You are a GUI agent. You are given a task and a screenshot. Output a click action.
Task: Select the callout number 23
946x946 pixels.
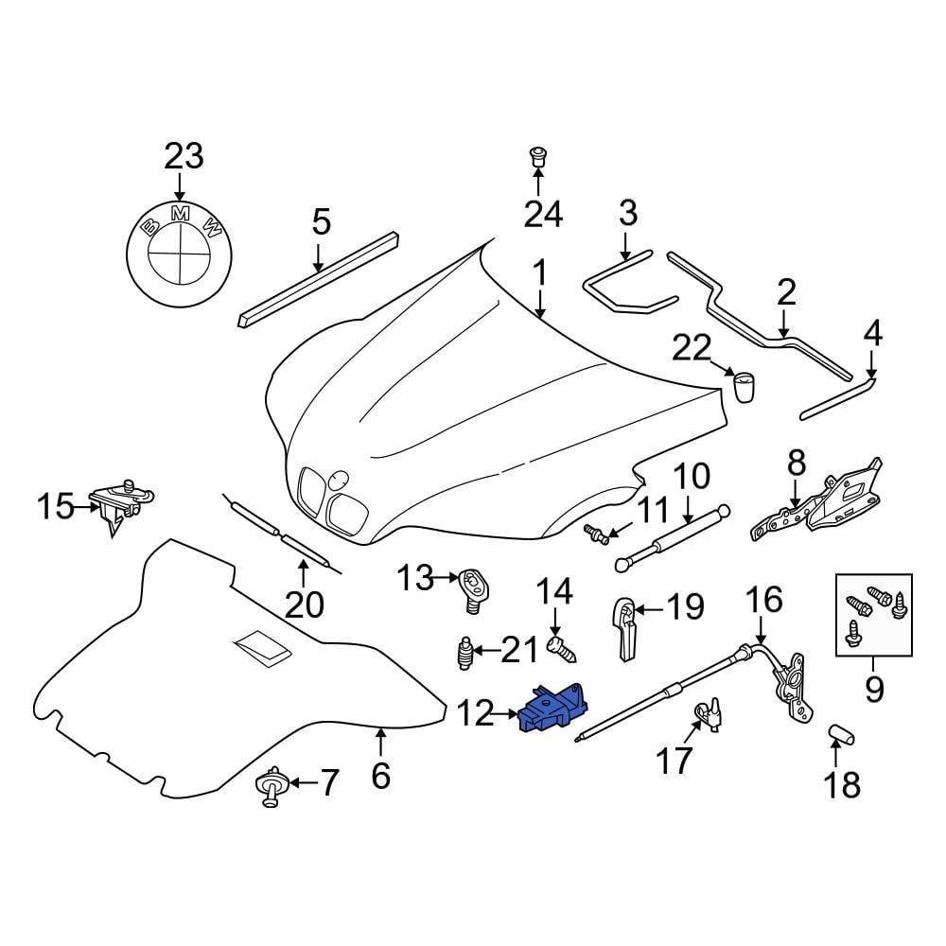click(x=184, y=156)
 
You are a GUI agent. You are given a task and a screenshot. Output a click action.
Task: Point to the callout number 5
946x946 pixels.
click(x=321, y=223)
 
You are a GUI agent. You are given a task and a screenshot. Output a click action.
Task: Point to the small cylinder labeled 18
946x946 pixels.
click(x=838, y=732)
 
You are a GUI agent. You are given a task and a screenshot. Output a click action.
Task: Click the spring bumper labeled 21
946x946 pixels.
click(x=464, y=652)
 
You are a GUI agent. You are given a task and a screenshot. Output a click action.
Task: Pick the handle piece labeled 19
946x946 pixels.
click(x=623, y=626)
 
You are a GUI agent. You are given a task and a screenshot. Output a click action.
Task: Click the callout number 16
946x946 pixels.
click(x=764, y=600)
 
